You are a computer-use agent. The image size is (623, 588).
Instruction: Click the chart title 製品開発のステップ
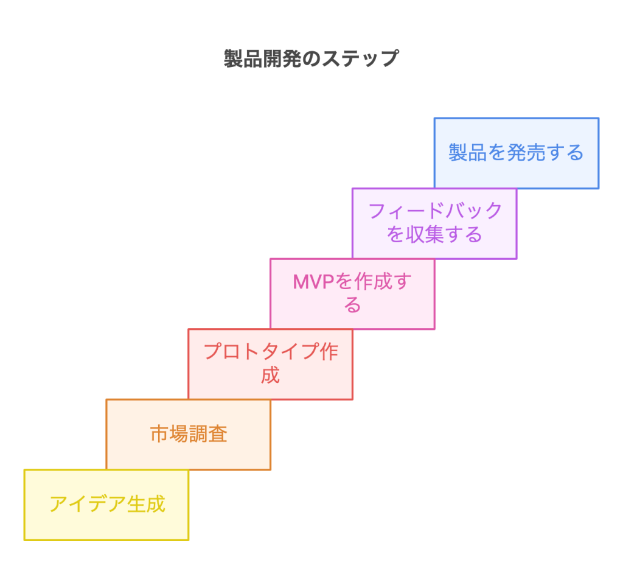pos(311,59)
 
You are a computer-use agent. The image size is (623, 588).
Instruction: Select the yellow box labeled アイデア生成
pos(106,505)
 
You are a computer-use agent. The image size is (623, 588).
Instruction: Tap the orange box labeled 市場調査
pos(189,434)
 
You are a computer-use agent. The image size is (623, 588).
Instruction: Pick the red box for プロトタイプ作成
pos(271,364)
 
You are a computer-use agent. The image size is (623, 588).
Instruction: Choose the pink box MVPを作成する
pos(352,293)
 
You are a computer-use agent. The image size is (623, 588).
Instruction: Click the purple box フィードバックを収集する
pos(434,223)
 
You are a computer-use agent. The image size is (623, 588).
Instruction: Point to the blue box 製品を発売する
pos(516,153)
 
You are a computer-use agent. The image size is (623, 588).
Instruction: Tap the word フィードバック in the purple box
pos(436,211)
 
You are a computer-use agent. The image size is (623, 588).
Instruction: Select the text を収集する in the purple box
pos(434,234)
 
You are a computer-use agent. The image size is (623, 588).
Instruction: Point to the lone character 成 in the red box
pos(270,376)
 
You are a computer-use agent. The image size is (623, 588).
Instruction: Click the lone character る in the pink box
pos(352,305)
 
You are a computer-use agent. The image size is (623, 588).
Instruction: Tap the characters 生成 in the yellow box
pos(146,505)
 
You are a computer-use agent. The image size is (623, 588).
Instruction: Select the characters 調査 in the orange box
pos(208,434)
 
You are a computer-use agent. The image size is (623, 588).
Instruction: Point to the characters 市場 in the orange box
pos(169,434)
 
